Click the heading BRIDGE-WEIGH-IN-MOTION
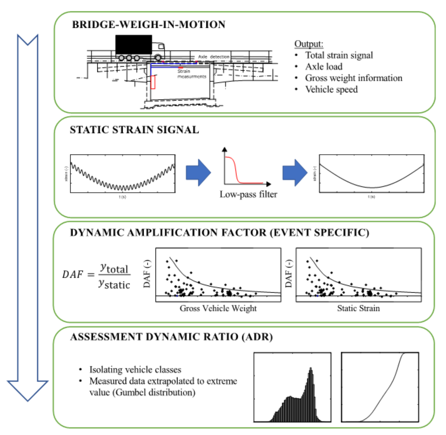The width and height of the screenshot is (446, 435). click(x=149, y=25)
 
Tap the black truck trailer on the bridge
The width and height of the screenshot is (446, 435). click(x=134, y=45)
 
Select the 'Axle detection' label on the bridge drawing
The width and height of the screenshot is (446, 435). click(x=214, y=57)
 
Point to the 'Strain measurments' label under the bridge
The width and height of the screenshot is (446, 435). click(x=191, y=74)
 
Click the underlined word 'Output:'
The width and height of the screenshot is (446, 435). click(x=309, y=44)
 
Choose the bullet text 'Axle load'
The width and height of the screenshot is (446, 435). click(x=324, y=67)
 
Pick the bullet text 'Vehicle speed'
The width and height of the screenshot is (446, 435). click(x=331, y=90)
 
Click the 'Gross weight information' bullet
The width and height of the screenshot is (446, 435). click(x=353, y=78)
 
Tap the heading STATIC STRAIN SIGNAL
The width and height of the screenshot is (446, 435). click(x=134, y=130)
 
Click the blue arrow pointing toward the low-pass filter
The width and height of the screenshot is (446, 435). click(x=198, y=173)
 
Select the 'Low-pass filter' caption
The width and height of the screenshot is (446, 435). click(x=248, y=194)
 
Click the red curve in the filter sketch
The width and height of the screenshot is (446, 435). click(x=236, y=170)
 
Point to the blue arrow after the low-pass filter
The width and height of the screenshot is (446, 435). click(x=295, y=173)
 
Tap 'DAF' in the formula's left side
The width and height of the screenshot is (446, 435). click(x=72, y=274)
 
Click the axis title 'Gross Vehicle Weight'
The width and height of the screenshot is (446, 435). click(x=218, y=308)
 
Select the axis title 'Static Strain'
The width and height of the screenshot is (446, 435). click(x=358, y=308)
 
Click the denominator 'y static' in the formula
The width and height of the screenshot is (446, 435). click(x=114, y=284)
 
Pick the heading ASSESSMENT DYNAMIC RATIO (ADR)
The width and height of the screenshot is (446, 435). click(x=171, y=337)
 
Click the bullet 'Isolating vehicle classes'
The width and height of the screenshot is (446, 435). click(x=135, y=370)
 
